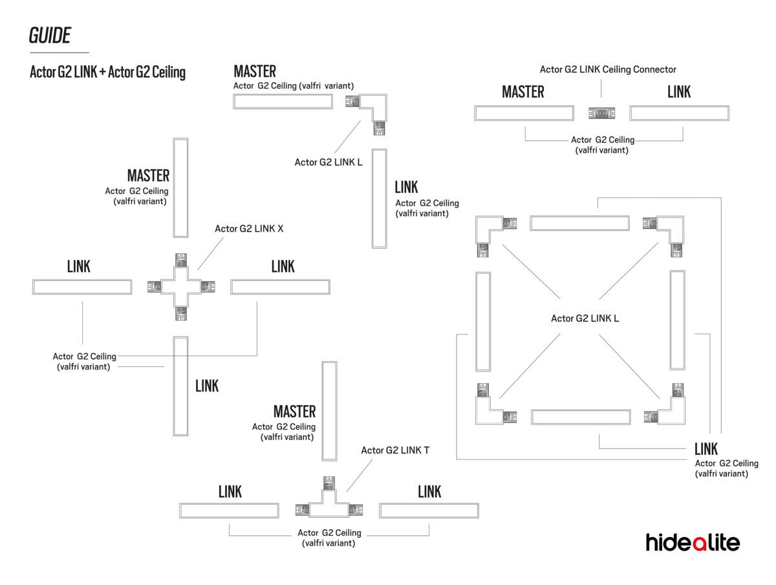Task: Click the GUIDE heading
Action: tap(50, 36)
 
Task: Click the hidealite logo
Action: tap(692, 542)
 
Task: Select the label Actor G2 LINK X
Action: tap(249, 229)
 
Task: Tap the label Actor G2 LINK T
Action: tap(395, 450)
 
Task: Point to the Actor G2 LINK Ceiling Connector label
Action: tap(608, 69)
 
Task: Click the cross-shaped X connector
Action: tap(181, 286)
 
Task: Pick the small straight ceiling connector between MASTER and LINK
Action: tap(601, 113)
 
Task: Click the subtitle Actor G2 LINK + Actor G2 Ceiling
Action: tap(107, 72)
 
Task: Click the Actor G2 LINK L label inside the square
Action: tap(585, 318)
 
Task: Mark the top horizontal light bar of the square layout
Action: tap(579, 223)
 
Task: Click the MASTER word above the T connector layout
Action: tap(294, 412)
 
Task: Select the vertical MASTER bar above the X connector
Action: tap(180, 188)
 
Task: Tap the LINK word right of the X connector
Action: tap(283, 267)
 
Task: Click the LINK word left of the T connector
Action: tap(230, 492)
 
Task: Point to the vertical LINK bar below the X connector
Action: tap(180, 386)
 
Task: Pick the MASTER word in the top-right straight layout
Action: tap(523, 93)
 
